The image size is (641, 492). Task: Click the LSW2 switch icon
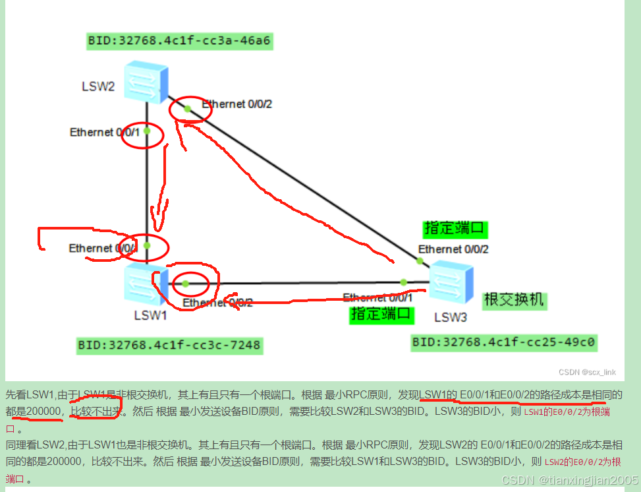[147, 82]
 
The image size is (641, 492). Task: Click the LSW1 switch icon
[146, 284]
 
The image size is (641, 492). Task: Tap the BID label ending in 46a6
[179, 41]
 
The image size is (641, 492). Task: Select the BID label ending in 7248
[169, 345]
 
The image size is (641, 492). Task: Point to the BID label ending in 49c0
[504, 342]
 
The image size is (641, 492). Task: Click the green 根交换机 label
[514, 300]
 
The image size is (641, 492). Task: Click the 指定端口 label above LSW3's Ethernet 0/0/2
[455, 229]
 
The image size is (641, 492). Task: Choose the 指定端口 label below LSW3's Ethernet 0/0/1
[381, 314]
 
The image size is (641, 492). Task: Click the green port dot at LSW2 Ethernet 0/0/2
[188, 108]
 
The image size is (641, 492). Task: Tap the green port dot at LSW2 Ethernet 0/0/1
[147, 131]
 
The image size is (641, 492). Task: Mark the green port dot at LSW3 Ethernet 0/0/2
[420, 261]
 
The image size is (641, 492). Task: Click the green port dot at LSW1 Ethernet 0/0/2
[186, 284]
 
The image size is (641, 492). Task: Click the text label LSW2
[98, 86]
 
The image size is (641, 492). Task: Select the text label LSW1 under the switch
[151, 315]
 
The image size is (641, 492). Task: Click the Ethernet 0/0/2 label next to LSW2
[237, 104]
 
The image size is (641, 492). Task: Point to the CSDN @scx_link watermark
[588, 372]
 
